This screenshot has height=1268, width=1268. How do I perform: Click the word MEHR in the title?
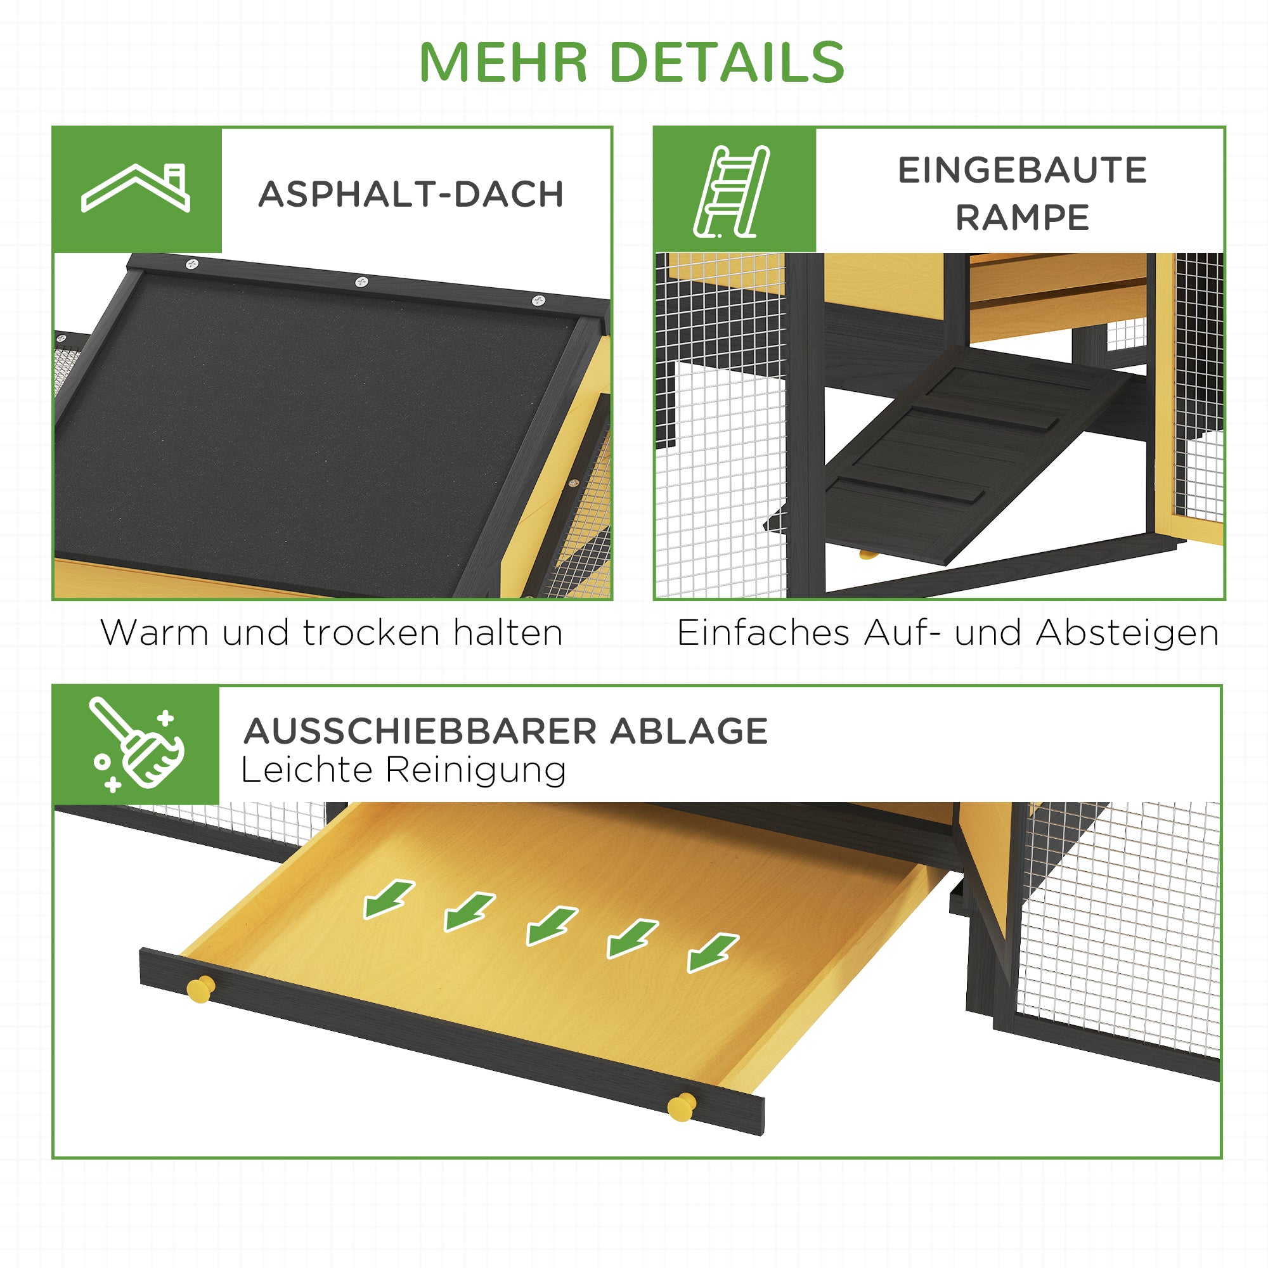pos(503,63)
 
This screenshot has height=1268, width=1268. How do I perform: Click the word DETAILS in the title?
pos(727,63)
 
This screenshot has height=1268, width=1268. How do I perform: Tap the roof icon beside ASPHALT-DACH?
pos(136,188)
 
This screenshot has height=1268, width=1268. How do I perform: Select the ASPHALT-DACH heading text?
pos(411,194)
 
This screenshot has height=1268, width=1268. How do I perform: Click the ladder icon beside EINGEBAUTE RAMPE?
pos(731,191)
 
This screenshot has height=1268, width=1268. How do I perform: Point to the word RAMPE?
pos(1022,218)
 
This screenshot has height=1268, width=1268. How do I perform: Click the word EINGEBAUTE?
pos(1022,171)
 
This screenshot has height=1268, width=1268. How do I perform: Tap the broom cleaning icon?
pos(136,744)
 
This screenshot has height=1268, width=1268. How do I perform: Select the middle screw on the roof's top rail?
pos(361,282)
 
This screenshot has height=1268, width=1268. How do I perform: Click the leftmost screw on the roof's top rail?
pos(191,264)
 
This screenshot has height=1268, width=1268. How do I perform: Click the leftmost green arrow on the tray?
pos(389,898)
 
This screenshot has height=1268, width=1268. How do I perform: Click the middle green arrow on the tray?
pos(552,926)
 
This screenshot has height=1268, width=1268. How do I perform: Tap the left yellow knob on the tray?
pos(200,989)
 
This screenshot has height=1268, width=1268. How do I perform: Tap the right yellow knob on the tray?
pos(682,1106)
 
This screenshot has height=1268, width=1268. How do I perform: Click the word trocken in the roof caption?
pos(372,633)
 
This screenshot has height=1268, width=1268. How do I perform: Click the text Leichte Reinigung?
pos(403,770)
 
